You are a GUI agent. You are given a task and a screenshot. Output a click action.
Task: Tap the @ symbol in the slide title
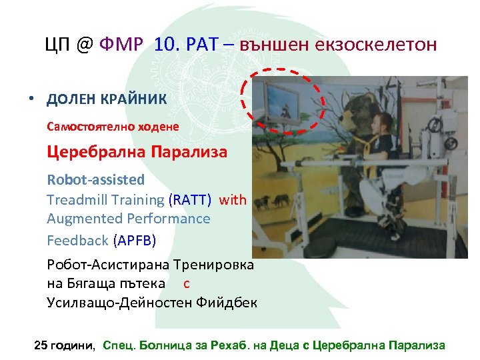click(x=83, y=45)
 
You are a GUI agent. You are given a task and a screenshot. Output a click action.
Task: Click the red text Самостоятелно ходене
click(x=113, y=125)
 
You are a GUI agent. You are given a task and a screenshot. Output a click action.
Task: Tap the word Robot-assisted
click(x=95, y=179)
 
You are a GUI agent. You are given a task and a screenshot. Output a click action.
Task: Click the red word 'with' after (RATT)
click(x=233, y=199)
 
